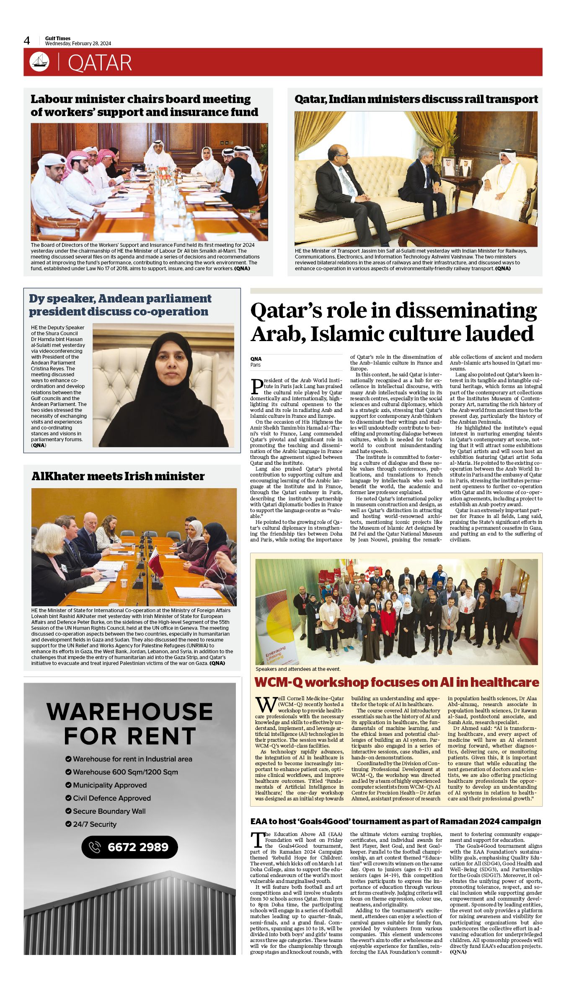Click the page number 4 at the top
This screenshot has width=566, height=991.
pos(27,41)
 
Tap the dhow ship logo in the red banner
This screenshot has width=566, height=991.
pos(39,62)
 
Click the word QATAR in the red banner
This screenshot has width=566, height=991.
pos(100,63)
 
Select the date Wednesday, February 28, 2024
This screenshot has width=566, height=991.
pos(78,44)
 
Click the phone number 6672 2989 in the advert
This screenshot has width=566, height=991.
pos(138,847)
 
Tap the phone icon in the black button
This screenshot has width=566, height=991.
pos(95,847)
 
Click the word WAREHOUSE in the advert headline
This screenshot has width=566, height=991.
pos(129,712)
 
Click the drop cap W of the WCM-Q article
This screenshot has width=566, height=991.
pos(265,704)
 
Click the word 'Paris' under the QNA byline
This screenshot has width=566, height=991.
pos(256,365)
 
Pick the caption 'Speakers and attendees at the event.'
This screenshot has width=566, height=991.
pos(298,669)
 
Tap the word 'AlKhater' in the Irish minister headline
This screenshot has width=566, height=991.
pos(59,476)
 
